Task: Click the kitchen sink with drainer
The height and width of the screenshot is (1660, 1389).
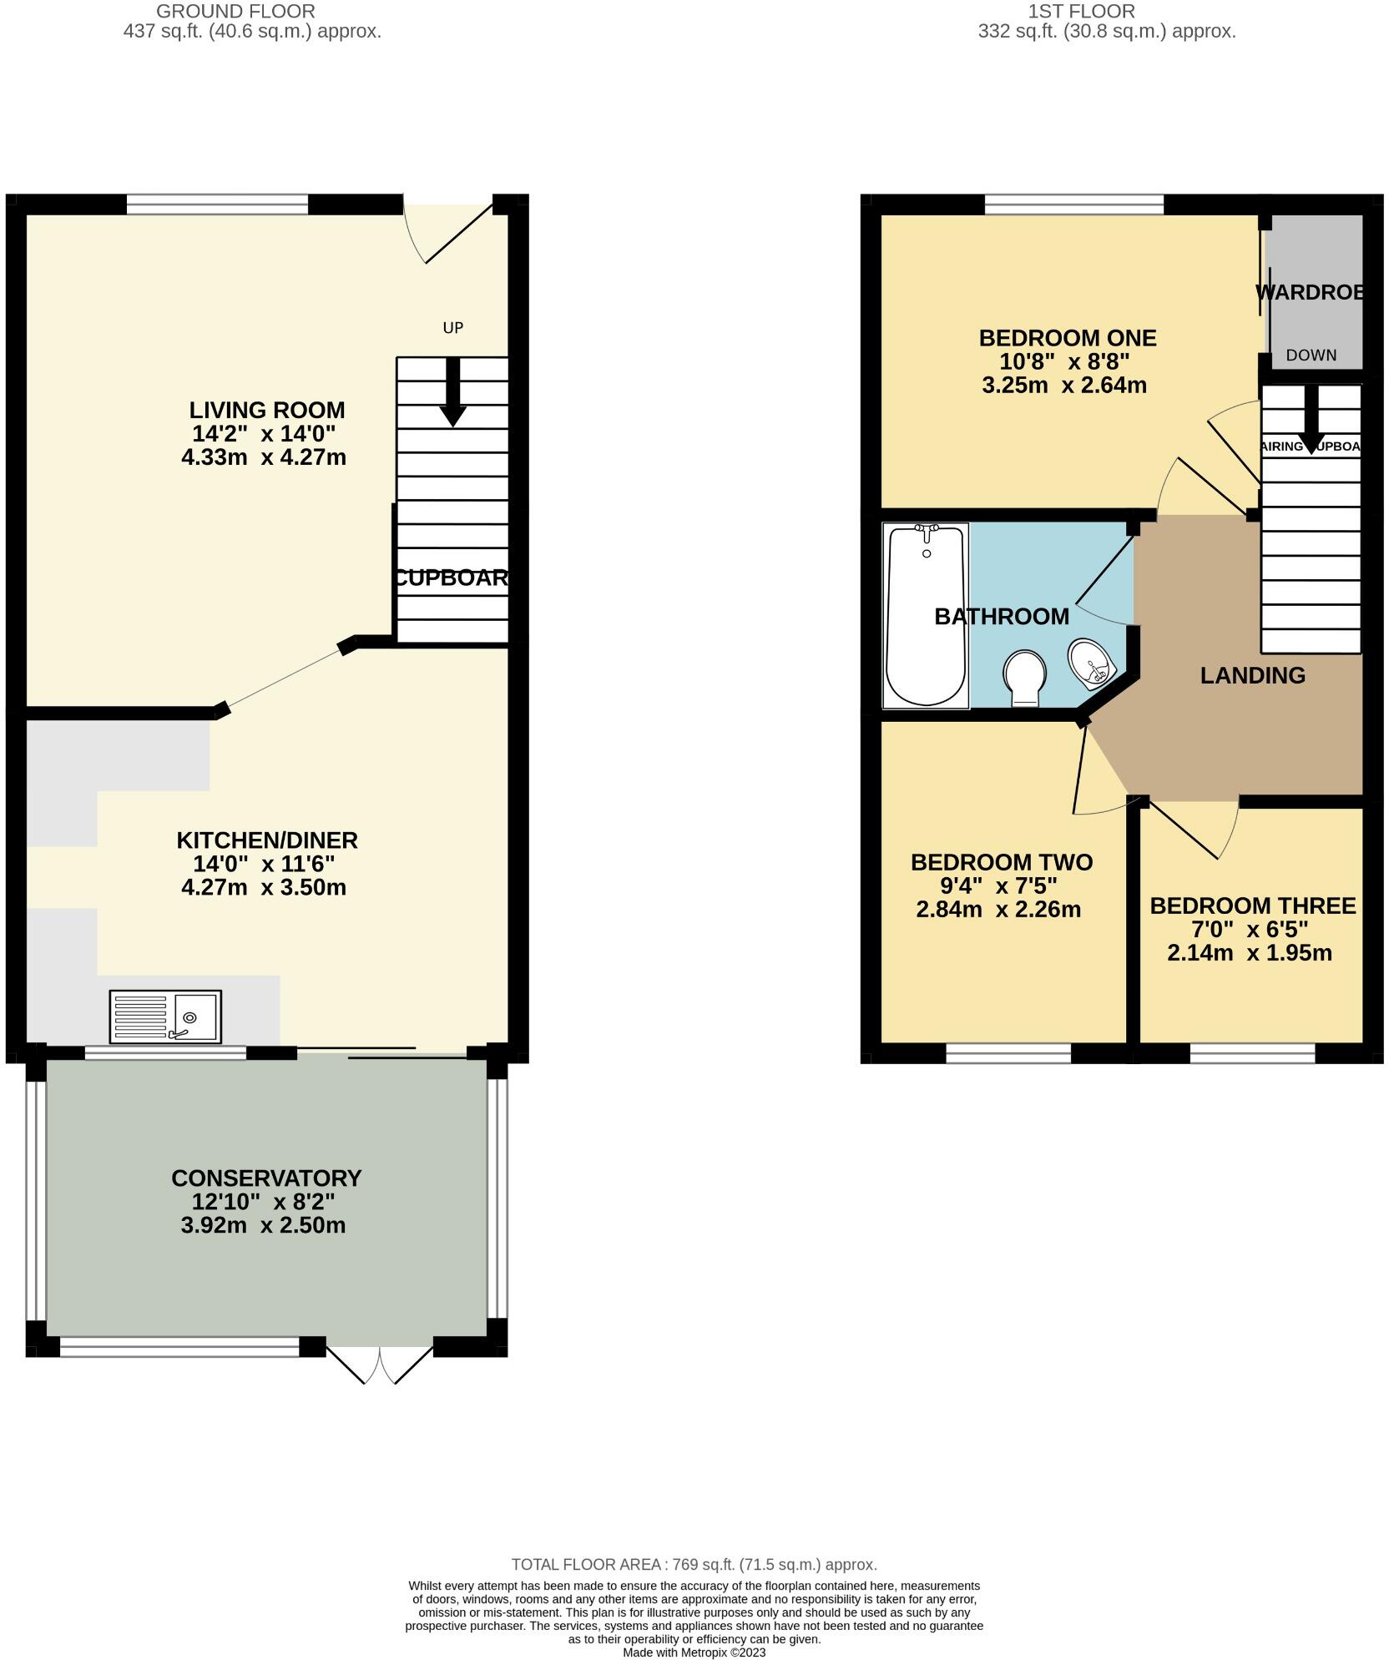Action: pos(165,1016)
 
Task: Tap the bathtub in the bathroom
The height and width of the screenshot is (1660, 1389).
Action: pos(926,615)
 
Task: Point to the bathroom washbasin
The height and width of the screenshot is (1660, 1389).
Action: pos(1091,663)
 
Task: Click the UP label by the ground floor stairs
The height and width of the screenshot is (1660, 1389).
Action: pos(452,328)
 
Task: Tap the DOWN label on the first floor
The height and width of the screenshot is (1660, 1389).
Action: pos(1311,356)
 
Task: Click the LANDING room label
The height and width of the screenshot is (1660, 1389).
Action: pos(1252,675)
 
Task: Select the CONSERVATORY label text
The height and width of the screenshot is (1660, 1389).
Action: pos(266,1178)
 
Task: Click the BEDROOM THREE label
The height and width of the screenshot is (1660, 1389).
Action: pos(1252,906)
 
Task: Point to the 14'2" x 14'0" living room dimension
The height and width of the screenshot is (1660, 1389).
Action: pos(264,433)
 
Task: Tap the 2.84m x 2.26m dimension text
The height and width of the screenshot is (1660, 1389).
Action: pos(998,910)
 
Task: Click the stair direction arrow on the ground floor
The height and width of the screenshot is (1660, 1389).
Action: pos(452,392)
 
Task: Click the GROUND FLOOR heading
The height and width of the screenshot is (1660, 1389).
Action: pos(236,12)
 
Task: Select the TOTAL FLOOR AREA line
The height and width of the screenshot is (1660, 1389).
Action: pos(694,1565)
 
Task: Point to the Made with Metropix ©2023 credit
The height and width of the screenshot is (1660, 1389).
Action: pos(694,1652)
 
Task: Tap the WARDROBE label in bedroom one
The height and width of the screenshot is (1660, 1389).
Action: pos(1309,293)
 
